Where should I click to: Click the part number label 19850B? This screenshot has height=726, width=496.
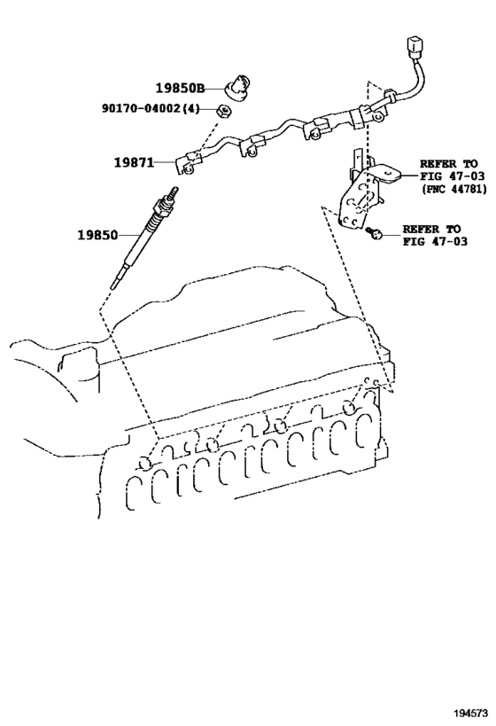(180, 88)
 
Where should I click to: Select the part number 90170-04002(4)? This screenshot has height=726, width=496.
(151, 109)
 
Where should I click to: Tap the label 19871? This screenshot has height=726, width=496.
(134, 162)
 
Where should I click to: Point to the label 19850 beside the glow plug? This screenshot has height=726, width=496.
(97, 235)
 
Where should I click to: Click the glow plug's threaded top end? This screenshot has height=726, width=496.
(174, 192)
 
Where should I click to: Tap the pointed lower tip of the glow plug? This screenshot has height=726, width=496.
(112, 288)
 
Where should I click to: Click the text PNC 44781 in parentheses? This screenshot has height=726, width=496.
(453, 189)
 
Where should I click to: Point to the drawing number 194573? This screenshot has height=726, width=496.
(472, 712)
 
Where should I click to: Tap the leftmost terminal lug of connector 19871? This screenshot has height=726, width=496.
(189, 164)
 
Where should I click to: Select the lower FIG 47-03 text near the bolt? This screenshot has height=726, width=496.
(435, 241)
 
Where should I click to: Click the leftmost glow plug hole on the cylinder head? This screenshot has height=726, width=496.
(145, 463)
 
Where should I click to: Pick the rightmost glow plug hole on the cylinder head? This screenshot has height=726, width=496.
(349, 407)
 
